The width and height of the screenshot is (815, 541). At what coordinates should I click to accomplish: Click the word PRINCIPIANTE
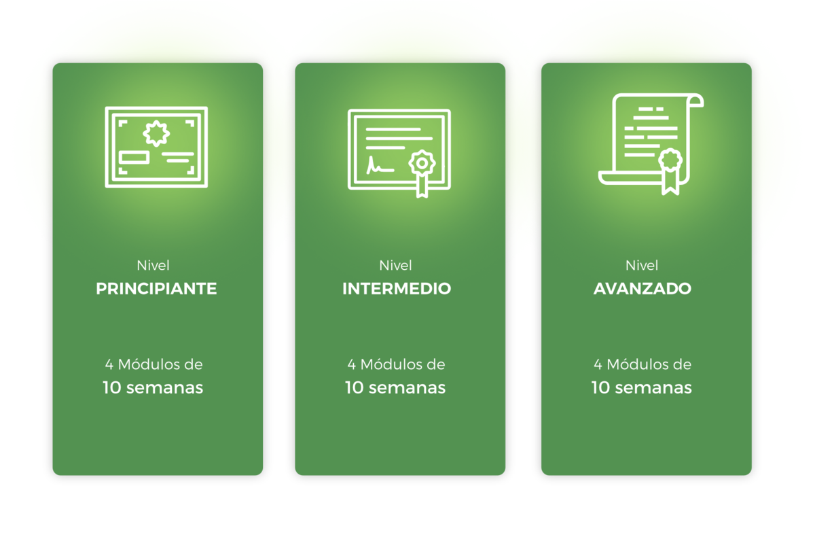click(156, 289)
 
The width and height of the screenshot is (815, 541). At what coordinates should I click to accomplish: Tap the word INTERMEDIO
click(397, 289)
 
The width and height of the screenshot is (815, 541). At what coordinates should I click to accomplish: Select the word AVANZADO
click(642, 289)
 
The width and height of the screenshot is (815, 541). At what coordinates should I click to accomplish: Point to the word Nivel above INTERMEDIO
click(395, 265)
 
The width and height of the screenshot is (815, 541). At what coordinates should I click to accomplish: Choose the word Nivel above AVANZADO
click(642, 265)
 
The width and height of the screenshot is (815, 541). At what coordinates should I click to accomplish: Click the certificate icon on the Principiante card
click(156, 146)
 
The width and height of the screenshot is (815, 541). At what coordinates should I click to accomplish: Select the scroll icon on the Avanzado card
click(650, 143)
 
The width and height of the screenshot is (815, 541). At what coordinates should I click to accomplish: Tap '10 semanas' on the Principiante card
click(153, 388)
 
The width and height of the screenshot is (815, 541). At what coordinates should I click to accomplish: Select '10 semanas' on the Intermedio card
click(395, 388)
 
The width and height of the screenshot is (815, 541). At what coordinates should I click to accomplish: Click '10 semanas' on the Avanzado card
click(642, 388)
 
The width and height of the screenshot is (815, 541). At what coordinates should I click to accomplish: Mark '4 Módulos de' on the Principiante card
click(153, 364)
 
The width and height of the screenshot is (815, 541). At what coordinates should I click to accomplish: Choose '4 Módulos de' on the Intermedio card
click(396, 364)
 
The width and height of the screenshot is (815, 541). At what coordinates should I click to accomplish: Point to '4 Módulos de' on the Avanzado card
click(642, 364)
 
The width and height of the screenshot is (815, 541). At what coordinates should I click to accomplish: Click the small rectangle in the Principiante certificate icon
click(134, 157)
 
